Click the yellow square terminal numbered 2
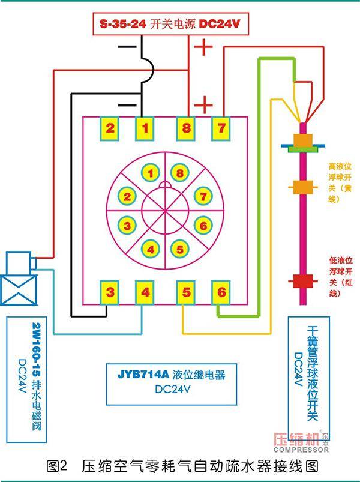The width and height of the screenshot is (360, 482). pos(110,128)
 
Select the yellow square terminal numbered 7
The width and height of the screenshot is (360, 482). pos(221,128)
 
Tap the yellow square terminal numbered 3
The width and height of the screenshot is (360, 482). pos(110,292)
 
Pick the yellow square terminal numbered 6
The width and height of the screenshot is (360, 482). pos(221,292)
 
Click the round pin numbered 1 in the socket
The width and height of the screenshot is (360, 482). pos(151,173)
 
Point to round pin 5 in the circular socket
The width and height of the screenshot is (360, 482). pos(179,249)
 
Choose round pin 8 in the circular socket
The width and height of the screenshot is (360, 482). pos(179,173)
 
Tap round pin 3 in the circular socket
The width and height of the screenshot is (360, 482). pos(127,226)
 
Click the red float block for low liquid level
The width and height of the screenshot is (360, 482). pos(303,281)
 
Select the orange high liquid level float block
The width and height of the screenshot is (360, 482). pos(303,187)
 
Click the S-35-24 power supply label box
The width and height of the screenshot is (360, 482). pos(170,24)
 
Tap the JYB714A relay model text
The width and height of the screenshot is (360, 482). pos(143,375)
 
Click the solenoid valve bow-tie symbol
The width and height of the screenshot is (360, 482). pos(19,290)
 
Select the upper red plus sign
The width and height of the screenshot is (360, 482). pos(203,47)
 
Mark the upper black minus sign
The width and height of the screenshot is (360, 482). pos(127,47)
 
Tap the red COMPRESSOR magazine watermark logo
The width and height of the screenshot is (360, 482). pos(301,442)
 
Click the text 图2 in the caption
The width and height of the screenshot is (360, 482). pos(57,466)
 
